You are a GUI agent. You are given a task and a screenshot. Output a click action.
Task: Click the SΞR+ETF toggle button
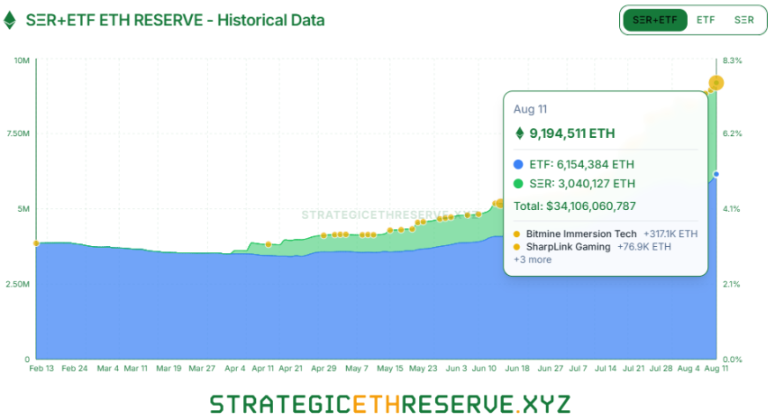coord(654,20)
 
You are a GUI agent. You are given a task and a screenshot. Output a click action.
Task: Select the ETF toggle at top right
coord(706,20)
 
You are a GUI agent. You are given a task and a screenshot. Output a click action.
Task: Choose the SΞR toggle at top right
coord(744,20)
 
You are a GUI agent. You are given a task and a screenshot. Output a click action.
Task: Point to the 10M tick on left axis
coord(23,60)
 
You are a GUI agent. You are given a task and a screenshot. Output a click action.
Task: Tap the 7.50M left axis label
coord(18,134)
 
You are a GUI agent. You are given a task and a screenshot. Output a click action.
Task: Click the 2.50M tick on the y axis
coord(18,284)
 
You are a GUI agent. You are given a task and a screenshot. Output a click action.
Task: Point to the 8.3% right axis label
coord(732,60)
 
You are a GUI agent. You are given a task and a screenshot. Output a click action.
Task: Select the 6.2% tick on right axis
coord(732,134)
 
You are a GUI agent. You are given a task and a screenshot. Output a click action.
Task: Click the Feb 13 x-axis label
coord(42,369)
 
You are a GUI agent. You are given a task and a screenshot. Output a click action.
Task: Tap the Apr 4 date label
coord(235,369)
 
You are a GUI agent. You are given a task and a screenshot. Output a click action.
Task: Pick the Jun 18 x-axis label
coord(517,369)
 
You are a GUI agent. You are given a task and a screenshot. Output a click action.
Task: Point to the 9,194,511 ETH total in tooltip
coord(571,133)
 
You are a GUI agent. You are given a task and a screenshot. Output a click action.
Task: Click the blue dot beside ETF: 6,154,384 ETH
coord(517,165)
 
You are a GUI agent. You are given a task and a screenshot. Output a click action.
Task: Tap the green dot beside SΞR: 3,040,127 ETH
coord(517,184)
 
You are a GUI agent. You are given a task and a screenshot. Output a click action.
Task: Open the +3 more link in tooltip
coord(533,260)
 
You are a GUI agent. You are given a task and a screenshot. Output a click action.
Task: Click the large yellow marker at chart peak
coord(716,83)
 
